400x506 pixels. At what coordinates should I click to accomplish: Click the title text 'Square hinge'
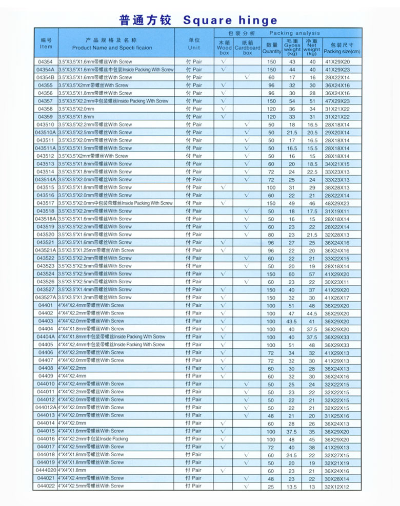pos(230,20)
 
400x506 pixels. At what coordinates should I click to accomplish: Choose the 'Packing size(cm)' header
pos(342,48)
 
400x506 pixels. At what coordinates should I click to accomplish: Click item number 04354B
pos(45,77)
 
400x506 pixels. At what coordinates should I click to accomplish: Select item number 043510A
pos(45,132)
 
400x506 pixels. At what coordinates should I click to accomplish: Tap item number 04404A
pos(45,336)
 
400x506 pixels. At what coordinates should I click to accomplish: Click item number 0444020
pos(45,470)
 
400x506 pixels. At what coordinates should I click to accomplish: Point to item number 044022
pos(45,486)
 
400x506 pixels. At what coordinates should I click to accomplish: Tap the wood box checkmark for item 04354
pos(224,61)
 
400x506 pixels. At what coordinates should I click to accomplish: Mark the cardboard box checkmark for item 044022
pos(247,486)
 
